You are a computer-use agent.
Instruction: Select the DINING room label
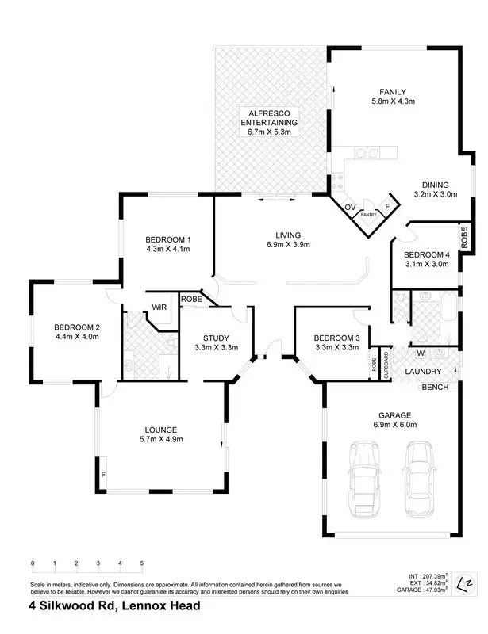435,182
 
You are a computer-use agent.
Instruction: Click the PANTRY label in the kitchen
368,214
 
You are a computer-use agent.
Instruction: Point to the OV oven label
350,208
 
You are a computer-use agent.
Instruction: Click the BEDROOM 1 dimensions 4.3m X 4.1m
167,249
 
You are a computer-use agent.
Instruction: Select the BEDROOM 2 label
77,327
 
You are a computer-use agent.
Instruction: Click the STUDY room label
216,336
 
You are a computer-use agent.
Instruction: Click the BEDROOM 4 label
426,254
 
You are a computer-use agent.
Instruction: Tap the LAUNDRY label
424,371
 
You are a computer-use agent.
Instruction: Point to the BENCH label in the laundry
436,387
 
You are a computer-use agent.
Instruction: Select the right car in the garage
419,477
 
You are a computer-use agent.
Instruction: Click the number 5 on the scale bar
142,563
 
